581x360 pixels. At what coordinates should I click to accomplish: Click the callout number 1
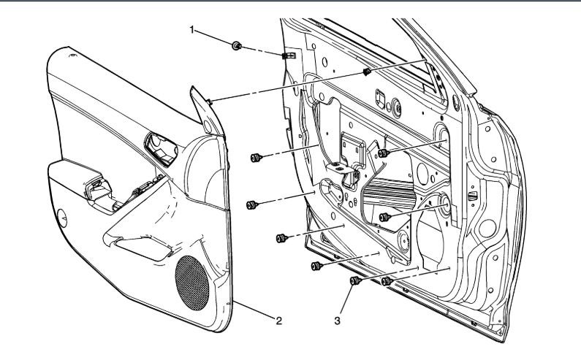pyautogui.click(x=193, y=30)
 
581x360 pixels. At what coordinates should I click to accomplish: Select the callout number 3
pyautogui.click(x=338, y=320)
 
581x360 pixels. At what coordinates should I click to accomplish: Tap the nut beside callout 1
pyautogui.click(x=236, y=47)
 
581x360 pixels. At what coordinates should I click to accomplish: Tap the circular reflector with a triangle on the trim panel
pyautogui.click(x=64, y=217)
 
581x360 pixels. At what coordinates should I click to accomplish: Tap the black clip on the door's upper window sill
pyautogui.click(x=367, y=72)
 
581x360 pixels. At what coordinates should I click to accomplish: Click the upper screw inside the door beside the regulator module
pyautogui.click(x=383, y=153)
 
